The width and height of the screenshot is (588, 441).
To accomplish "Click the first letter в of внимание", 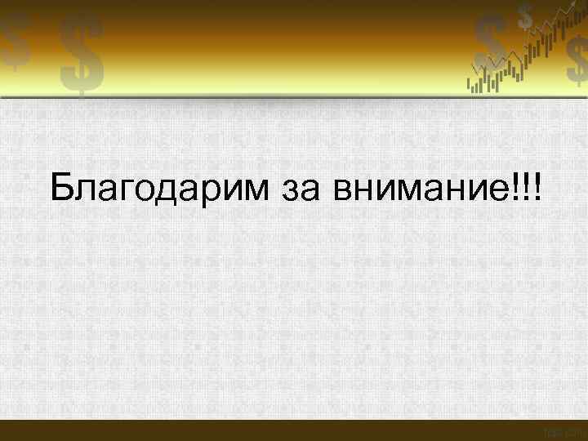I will [343, 193].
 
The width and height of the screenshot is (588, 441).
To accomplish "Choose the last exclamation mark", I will [537, 189].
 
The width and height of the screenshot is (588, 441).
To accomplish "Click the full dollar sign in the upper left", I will [82, 55].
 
